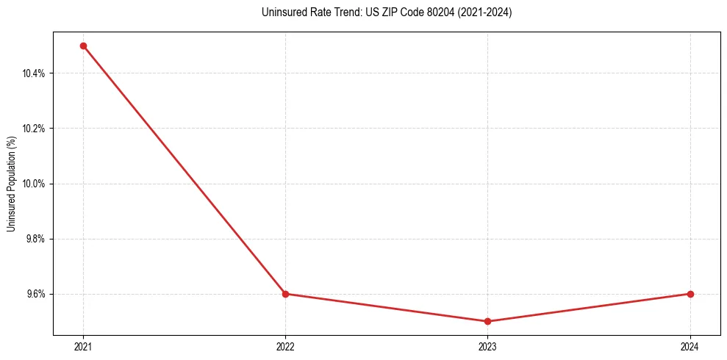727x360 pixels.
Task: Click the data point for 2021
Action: pos(83,46)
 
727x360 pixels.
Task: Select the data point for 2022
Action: pos(285,294)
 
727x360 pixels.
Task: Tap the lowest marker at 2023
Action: pos(488,321)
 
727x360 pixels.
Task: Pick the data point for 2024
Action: pos(690,294)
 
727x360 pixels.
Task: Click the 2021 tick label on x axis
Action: pos(83,347)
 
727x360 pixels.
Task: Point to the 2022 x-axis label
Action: pos(285,347)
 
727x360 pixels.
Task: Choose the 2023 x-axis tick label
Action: pos(488,347)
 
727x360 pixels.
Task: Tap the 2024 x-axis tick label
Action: pos(690,347)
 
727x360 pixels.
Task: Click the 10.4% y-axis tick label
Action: pos(35,73)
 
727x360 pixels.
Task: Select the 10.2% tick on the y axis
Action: pos(35,129)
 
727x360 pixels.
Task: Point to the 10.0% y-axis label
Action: pos(35,184)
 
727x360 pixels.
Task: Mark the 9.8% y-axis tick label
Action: pos(36,239)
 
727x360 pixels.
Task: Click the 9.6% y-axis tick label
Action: pos(36,294)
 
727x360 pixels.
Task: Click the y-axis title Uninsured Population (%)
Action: pos(11,184)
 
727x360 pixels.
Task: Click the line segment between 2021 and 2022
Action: pos(184,170)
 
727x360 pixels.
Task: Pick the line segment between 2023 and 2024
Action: pos(589,308)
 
